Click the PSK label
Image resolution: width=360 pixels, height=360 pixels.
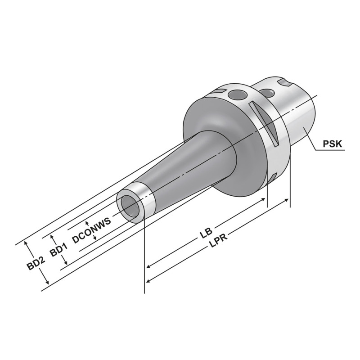[333, 144]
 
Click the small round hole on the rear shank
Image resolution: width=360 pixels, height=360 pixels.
[269, 93]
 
